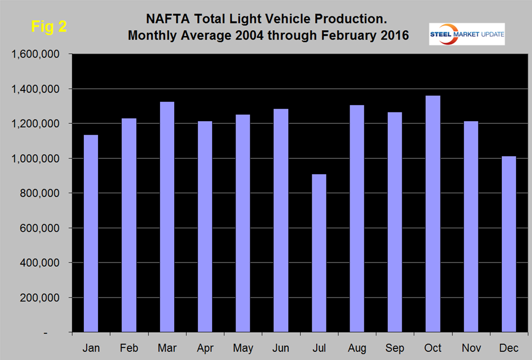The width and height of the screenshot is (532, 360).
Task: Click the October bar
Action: pyautogui.click(x=433, y=214)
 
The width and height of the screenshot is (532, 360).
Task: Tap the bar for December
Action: pyautogui.click(x=508, y=244)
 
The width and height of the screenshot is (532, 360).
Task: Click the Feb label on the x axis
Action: pyautogui.click(x=129, y=348)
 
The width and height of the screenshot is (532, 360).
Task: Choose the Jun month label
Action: pyautogui.click(x=281, y=348)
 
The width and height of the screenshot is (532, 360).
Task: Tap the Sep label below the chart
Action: pyautogui.click(x=394, y=348)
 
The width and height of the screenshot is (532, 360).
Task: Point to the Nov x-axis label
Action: pyautogui.click(x=471, y=348)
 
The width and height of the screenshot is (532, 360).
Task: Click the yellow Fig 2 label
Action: pyautogui.click(x=49, y=27)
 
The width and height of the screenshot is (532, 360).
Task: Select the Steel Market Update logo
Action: pyautogui.click(x=467, y=34)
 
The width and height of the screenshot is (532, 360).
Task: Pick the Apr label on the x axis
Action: pyautogui.click(x=205, y=348)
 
